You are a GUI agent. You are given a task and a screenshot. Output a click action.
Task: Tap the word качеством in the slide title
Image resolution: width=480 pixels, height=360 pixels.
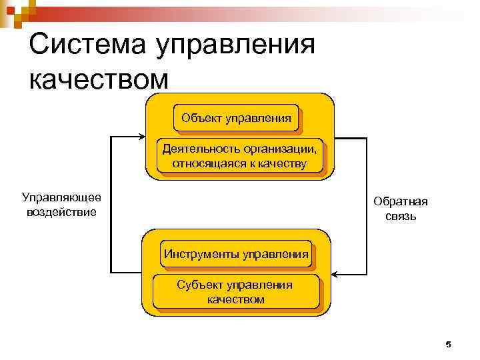pyautogui.click(x=100, y=79)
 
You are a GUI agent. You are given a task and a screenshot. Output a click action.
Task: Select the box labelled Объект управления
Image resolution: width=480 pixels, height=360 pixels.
pyautogui.click(x=235, y=119)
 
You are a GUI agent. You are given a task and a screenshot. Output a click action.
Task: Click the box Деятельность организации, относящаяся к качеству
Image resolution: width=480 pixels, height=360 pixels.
pyautogui.click(x=239, y=155)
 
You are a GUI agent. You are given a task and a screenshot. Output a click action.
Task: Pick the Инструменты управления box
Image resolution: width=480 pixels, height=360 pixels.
pyautogui.click(x=235, y=254)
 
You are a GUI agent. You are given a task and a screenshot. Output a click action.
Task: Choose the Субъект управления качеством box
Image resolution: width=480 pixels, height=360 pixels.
pyautogui.click(x=235, y=292)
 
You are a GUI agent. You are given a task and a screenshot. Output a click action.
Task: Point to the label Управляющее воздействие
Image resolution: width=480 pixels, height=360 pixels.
pyautogui.click(x=61, y=205)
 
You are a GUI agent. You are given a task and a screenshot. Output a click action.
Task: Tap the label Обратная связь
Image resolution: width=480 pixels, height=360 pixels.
pyautogui.click(x=400, y=209)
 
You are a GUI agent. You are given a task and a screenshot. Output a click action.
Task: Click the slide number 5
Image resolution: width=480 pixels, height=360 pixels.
pyautogui.click(x=448, y=344)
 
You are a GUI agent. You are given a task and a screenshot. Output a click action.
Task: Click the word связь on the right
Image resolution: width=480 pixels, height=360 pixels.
pyautogui.click(x=400, y=216)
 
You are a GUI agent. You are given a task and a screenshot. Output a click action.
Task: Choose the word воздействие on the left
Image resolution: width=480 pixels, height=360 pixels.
pyautogui.click(x=61, y=212)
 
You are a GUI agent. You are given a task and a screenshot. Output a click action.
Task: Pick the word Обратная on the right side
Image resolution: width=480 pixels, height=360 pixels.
pyautogui.click(x=400, y=201)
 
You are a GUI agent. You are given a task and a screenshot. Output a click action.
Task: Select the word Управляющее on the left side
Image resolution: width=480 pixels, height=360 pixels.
pyautogui.click(x=61, y=197)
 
